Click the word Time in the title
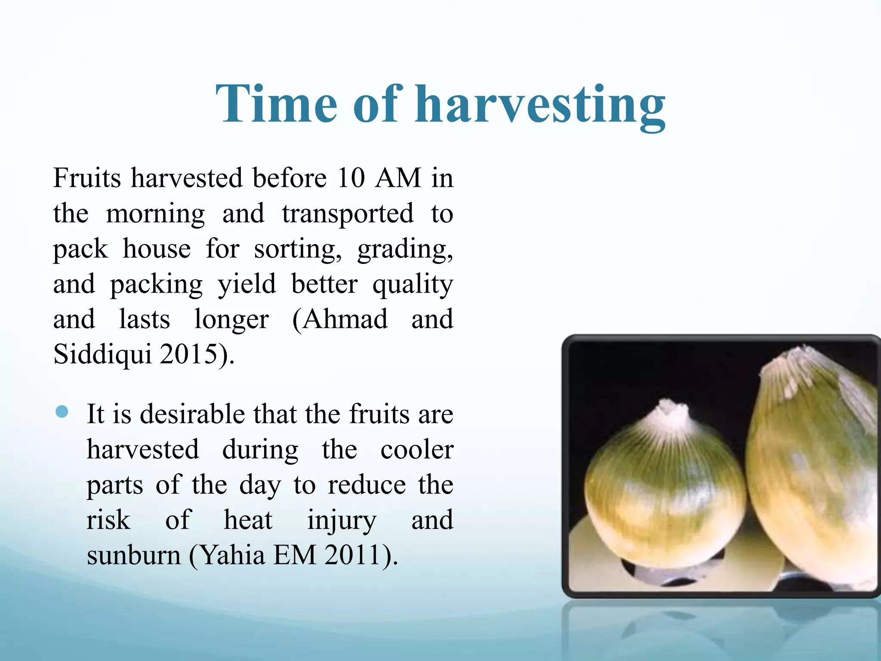(276, 104)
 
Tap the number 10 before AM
(351, 178)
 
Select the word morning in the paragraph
(155, 214)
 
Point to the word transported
(348, 214)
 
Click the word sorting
(297, 250)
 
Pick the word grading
(405, 250)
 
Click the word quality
(413, 285)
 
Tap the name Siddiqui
(102, 355)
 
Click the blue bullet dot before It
(62, 411)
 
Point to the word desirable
(193, 414)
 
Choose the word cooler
(416, 450)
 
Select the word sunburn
(134, 556)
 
